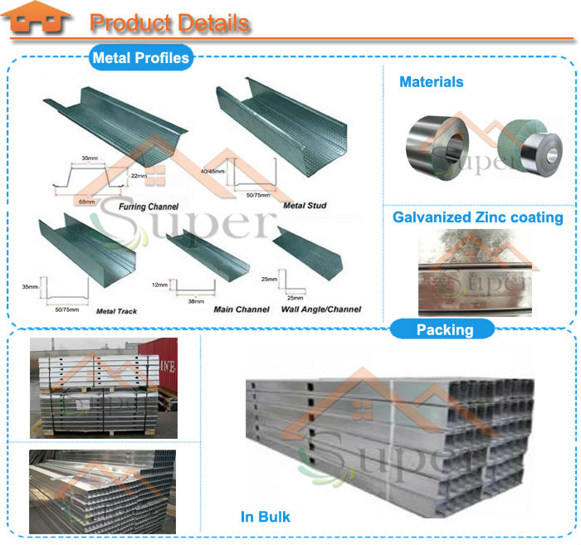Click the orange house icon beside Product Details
[x=41, y=21]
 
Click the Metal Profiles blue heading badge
[x=140, y=58]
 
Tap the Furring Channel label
[x=149, y=205]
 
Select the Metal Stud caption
[x=305, y=205]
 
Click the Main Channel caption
[x=241, y=309]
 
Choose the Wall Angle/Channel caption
[x=320, y=309]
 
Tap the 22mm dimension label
[x=139, y=176]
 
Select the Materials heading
[x=431, y=82]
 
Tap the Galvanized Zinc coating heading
[x=477, y=218]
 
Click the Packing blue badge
[x=445, y=329]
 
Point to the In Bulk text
[x=266, y=517]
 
